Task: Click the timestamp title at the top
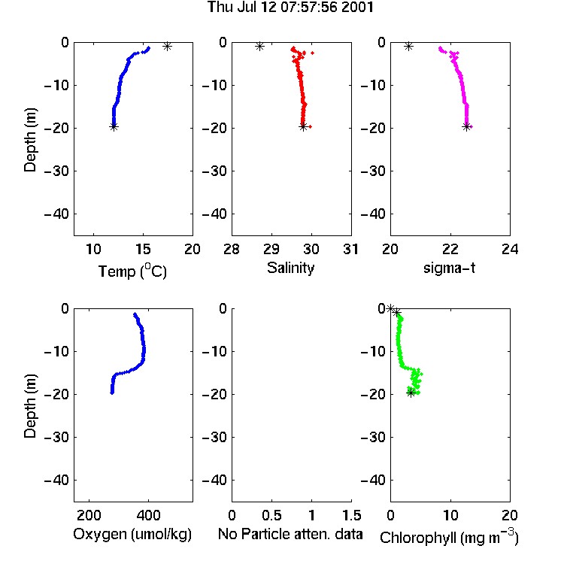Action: (290, 8)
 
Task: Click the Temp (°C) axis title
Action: (132, 271)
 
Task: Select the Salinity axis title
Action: (290, 268)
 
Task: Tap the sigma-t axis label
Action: (449, 268)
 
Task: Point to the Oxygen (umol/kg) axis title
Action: (132, 535)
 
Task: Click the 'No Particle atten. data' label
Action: (290, 534)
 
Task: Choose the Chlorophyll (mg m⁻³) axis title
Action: (449, 537)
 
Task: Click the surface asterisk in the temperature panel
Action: (167, 46)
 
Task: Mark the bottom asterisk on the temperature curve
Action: (114, 126)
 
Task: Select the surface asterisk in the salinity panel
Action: (259, 46)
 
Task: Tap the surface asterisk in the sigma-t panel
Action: (408, 46)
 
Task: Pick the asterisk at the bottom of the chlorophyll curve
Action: (411, 393)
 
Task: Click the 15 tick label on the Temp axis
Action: (143, 249)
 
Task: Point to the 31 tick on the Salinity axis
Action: (351, 249)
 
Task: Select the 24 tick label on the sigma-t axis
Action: (510, 249)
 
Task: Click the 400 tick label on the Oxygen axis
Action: (148, 515)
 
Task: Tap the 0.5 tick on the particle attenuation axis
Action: (271, 515)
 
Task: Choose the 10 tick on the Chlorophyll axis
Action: (450, 515)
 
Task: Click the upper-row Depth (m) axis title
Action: (30, 140)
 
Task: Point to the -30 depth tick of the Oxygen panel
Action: (56, 437)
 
